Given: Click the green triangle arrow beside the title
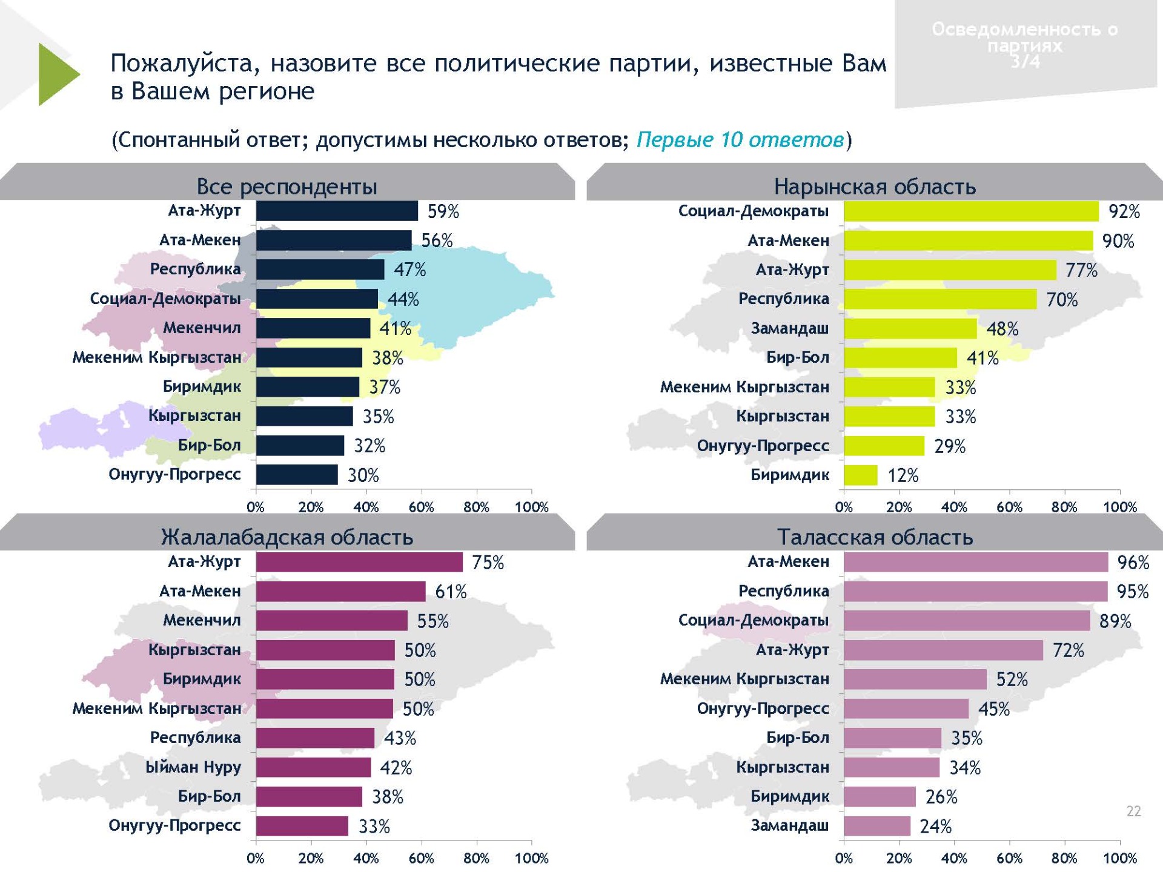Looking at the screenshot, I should [x=58, y=74].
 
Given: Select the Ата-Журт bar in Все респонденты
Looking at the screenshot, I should [x=337, y=211].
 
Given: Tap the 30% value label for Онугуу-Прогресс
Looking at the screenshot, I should [x=363, y=475].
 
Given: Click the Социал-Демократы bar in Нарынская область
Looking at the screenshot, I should [x=970, y=211].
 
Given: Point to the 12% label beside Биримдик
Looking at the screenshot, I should [x=903, y=475].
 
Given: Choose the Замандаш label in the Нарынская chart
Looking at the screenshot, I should [x=789, y=328].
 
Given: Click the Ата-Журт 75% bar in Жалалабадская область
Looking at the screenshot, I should [x=359, y=562].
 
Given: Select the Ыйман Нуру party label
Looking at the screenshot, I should [x=193, y=767].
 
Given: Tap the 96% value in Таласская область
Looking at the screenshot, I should [x=1133, y=563].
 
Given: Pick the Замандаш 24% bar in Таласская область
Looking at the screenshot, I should [x=876, y=826].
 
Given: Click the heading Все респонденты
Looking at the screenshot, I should [x=287, y=187].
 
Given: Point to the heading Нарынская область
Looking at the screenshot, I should [x=875, y=187].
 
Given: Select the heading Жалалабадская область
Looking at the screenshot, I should [x=287, y=537].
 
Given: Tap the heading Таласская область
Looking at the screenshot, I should [x=875, y=537].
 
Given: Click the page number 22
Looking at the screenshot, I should [x=1133, y=811].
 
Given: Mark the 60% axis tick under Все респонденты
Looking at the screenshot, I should [x=421, y=507].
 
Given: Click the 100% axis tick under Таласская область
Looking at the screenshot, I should [x=1119, y=858].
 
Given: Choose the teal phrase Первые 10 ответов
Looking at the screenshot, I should [x=740, y=140].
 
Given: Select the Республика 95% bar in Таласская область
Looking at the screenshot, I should [x=975, y=591].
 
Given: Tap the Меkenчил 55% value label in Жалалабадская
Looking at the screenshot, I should [x=432, y=621].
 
